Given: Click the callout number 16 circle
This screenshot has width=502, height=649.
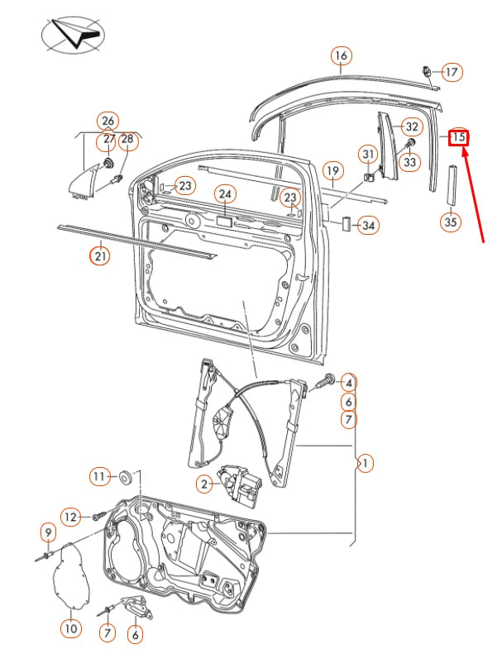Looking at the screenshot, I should point(341,56).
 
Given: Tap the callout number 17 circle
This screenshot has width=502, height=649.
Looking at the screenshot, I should point(451,72).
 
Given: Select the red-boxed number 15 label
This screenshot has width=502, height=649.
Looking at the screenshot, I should point(459,137).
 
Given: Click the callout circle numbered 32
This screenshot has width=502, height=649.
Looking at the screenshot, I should point(411,126).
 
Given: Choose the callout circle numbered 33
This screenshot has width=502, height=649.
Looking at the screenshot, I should point(410,163).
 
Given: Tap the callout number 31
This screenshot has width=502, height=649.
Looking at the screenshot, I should point(368,154).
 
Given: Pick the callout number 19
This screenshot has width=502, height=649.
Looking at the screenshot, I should point(332,172).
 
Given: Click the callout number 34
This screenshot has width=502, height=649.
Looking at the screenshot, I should point(369,225).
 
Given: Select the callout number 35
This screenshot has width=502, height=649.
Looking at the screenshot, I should point(450,222).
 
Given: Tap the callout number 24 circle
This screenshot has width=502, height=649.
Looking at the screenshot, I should point(225,194).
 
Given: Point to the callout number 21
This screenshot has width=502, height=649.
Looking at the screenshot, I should point(99,255).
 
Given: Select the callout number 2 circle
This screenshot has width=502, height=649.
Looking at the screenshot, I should point(203,484).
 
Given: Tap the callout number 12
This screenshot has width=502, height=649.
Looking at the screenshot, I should point(71,517).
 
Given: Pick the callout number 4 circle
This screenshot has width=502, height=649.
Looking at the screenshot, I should point(349,383).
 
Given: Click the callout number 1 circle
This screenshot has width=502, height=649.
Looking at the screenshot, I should point(363,463).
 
